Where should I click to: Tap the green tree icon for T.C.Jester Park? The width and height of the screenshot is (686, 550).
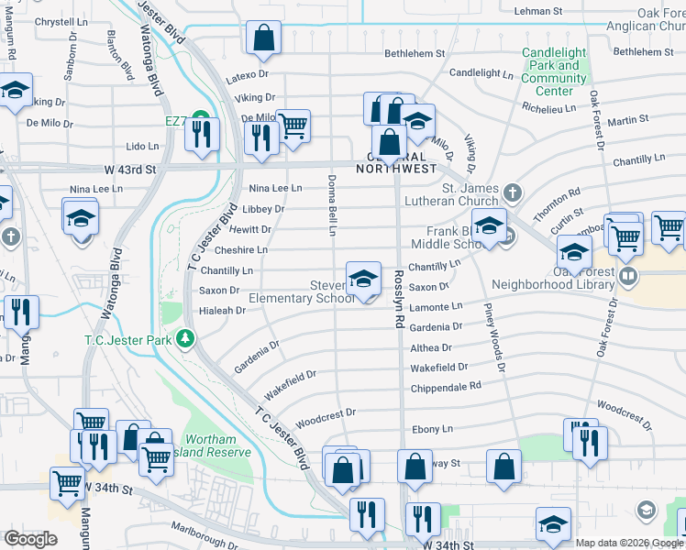pyautogui.click(x=185, y=339)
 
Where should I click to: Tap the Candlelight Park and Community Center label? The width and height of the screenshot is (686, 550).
pyautogui.click(x=553, y=71)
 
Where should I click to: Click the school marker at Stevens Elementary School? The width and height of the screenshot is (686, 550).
pyautogui.click(x=363, y=279)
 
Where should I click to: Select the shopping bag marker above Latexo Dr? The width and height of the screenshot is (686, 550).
pyautogui.click(x=263, y=38)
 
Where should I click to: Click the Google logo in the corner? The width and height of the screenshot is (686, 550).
pyautogui.click(x=30, y=539)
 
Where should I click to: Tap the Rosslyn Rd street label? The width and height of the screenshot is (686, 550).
pyautogui.click(x=400, y=300)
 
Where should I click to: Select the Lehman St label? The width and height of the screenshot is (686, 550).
pyautogui.click(x=537, y=11)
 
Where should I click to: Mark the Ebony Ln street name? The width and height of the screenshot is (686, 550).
pyautogui.click(x=432, y=429)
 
